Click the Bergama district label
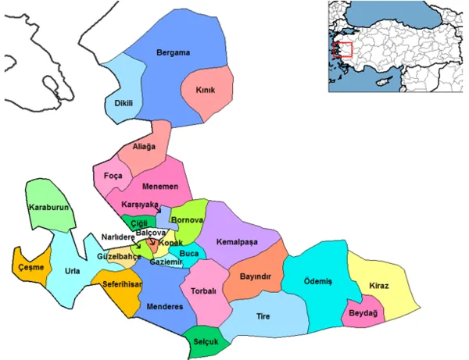tap(174, 53)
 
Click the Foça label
tap(113, 176)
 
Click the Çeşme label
tap(31, 267)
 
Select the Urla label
tap(72, 271)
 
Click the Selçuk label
tap(204, 341)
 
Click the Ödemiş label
tap(317, 281)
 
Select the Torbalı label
tap(214, 291)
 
